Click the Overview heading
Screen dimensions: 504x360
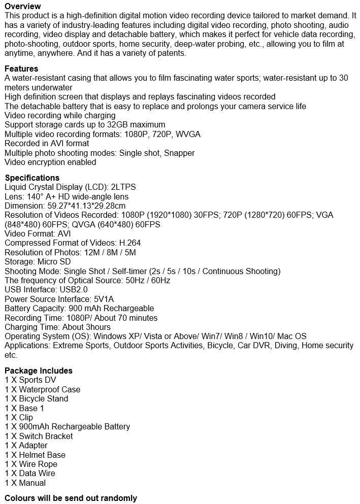point(23,6)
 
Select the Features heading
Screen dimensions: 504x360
point(21,69)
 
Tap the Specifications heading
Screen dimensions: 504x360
point(32,178)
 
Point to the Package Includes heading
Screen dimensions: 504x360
point(39,371)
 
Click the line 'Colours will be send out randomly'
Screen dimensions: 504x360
point(71,498)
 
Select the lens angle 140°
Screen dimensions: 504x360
point(34,196)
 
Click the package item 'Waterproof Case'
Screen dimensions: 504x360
point(49,389)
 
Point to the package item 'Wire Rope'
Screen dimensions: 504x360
point(38,464)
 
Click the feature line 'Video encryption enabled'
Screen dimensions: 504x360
point(50,162)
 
